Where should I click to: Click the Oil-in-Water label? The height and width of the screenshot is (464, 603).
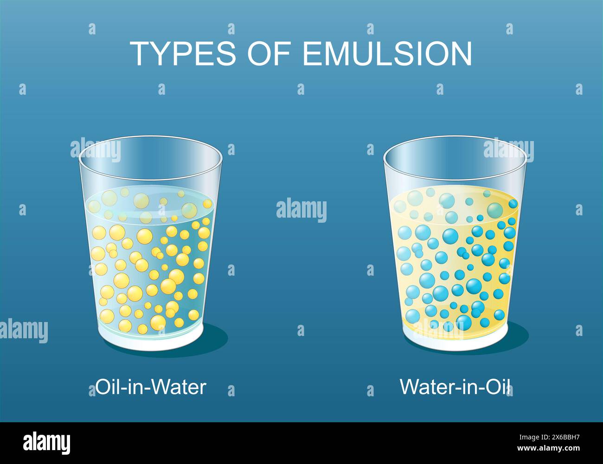(x=151, y=387)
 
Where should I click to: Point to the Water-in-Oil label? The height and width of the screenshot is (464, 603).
(x=456, y=387)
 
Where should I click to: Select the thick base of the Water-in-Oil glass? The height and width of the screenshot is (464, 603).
(x=455, y=341)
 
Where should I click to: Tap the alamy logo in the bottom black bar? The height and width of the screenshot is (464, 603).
(x=46, y=443)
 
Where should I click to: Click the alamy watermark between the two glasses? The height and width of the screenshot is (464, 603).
(x=301, y=210)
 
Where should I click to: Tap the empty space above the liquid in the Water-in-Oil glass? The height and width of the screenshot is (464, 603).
(x=455, y=174)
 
